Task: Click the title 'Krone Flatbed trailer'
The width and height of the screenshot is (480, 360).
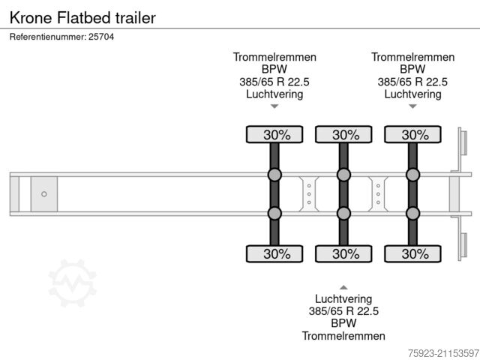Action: coord(82,16)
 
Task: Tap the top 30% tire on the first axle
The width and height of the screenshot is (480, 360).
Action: coord(274,134)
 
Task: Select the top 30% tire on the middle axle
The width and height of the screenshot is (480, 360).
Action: coord(343,134)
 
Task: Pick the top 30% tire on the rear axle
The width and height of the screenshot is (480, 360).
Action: coord(412,134)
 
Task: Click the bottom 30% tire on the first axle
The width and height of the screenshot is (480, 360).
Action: coord(274,253)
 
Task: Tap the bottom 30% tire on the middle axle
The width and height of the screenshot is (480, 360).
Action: coord(343,253)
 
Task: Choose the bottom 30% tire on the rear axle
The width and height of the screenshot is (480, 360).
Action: coord(412,253)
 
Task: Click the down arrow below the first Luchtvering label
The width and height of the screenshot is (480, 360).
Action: coord(274,106)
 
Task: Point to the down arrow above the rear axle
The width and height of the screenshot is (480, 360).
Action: coord(412,106)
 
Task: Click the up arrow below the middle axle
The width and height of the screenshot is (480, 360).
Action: coord(343,287)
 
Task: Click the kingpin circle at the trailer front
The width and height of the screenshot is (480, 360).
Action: coord(43,194)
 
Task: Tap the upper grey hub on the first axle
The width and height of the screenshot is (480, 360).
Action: coord(274,175)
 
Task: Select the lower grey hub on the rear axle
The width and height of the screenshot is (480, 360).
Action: coord(412,214)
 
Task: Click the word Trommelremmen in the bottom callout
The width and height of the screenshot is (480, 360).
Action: coord(343,336)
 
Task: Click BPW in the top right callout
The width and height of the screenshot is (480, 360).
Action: coord(412,70)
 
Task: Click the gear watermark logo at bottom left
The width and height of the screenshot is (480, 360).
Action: coord(73,283)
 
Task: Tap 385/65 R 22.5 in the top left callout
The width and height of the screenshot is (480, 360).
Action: coord(274,82)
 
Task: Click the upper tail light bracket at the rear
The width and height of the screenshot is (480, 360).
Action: coord(463,145)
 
